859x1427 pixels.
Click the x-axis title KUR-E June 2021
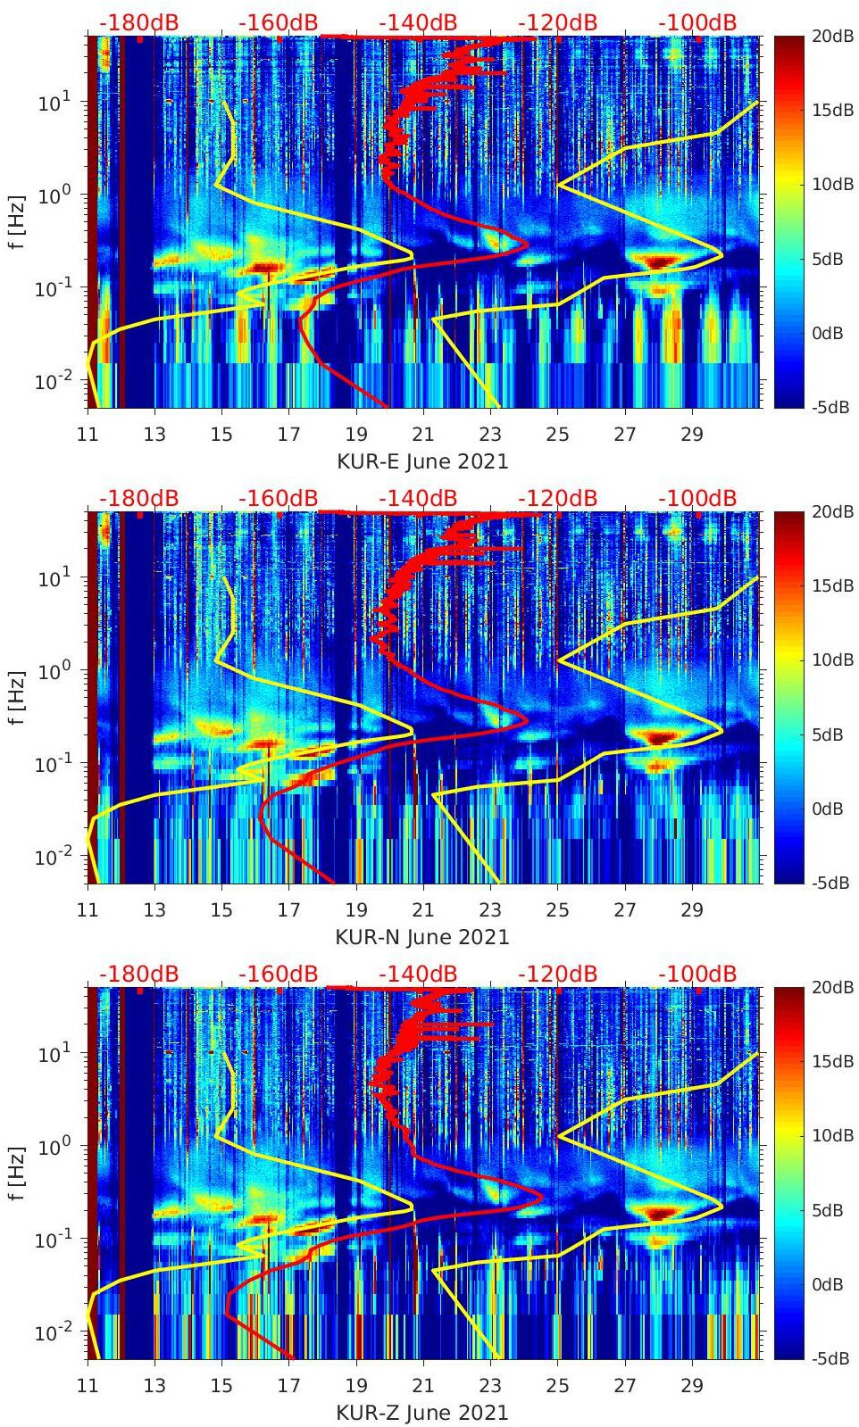click(422, 461)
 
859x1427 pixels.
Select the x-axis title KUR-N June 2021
click(422, 937)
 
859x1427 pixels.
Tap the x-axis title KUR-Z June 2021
click(422, 1413)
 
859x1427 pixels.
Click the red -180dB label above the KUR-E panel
click(138, 22)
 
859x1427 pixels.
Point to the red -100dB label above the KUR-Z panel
click(697, 974)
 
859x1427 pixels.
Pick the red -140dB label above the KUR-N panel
click(418, 498)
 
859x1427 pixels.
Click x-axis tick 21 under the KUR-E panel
click(423, 435)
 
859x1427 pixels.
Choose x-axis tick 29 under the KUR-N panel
click(692, 910)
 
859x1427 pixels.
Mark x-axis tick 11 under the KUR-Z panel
click(88, 1386)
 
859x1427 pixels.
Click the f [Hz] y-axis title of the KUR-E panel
click(16, 222)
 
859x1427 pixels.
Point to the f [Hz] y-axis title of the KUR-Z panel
click(16, 1174)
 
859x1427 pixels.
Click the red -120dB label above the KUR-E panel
click(557, 22)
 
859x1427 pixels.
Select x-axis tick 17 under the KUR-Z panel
click(288, 1386)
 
